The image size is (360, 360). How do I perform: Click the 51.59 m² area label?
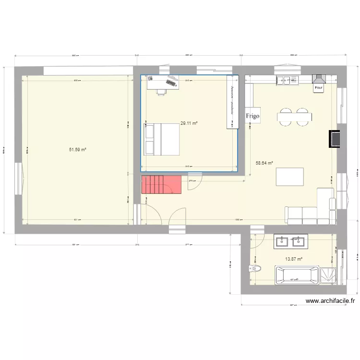(x=78, y=150)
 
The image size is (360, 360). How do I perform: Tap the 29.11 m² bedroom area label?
(x=189, y=123)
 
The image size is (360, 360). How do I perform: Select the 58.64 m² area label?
(x=264, y=163)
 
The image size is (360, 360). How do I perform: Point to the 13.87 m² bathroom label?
(x=294, y=259)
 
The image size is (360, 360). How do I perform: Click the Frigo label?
(x=252, y=116)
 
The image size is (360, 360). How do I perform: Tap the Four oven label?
(x=318, y=88)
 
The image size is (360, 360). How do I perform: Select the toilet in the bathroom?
(x=254, y=268)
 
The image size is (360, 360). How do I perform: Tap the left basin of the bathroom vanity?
(x=282, y=241)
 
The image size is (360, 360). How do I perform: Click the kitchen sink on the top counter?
(x=287, y=81)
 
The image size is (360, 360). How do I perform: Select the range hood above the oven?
(x=318, y=79)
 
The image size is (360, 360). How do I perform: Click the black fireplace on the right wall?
(x=334, y=138)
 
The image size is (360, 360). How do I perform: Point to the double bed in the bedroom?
(x=162, y=139)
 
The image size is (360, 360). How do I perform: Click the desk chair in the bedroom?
(x=161, y=91)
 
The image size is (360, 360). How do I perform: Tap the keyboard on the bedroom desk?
(x=171, y=83)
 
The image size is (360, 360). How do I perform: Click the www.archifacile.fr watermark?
(x=330, y=301)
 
